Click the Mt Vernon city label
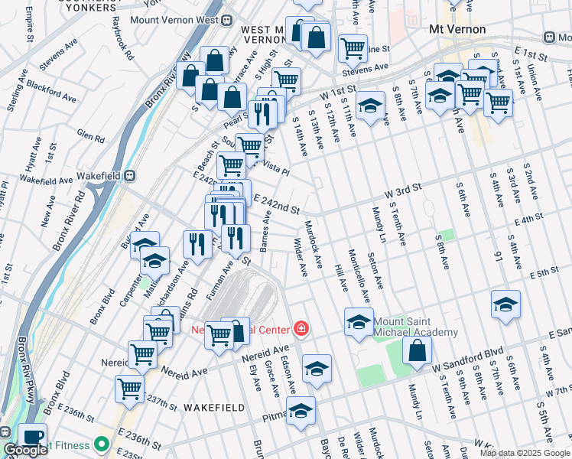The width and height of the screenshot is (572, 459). click(x=457, y=29)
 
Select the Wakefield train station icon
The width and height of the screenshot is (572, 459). click(x=130, y=174)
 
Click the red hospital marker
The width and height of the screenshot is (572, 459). click(x=301, y=330)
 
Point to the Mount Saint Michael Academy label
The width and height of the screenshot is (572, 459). click(x=415, y=327)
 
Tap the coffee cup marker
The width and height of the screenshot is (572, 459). click(x=32, y=437)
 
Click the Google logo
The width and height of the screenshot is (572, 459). click(x=25, y=450)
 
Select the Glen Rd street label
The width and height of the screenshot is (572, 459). click(x=90, y=136)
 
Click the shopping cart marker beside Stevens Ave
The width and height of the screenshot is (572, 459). click(x=353, y=49)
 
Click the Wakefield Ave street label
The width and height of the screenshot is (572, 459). click(x=45, y=179)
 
